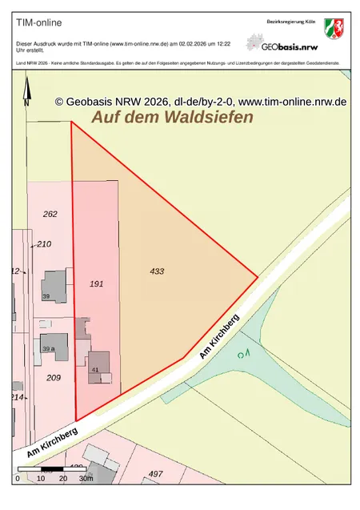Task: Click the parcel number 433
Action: tap(157, 271)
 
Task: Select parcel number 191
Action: tap(97, 284)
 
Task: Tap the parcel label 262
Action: tap(50, 215)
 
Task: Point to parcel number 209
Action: tap(54, 377)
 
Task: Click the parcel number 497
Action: tap(155, 475)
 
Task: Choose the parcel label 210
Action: tap(44, 244)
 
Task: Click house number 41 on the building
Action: tap(95, 370)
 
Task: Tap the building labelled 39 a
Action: tap(50, 348)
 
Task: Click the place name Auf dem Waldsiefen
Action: tap(172, 117)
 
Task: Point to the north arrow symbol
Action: tap(26, 91)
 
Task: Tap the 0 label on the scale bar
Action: tap(18, 478)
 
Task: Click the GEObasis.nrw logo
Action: tap(280, 43)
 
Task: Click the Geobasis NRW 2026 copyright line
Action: tap(200, 102)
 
